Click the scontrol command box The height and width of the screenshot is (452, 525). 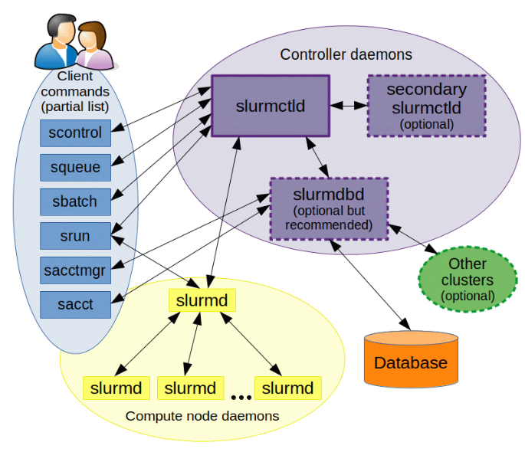tap(75, 132)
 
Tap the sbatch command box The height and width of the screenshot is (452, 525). tap(75, 201)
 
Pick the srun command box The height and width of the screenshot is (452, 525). tap(75, 236)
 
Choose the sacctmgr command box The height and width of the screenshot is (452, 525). tap(75, 270)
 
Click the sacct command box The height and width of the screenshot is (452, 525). tap(75, 304)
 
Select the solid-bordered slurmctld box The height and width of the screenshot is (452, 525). tap(271, 106)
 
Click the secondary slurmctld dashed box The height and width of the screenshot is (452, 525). tap(426, 106)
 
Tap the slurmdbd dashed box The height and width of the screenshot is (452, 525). tap(329, 208)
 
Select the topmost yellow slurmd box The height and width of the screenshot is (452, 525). tap(202, 300)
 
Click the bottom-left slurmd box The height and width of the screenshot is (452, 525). tap(116, 388)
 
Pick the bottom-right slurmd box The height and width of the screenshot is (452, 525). tap(287, 388)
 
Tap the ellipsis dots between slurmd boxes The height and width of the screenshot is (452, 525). tap(241, 397)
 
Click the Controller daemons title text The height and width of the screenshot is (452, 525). tap(346, 55)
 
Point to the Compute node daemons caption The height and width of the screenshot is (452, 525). tap(202, 416)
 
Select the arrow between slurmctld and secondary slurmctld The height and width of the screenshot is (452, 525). tap(349, 105)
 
